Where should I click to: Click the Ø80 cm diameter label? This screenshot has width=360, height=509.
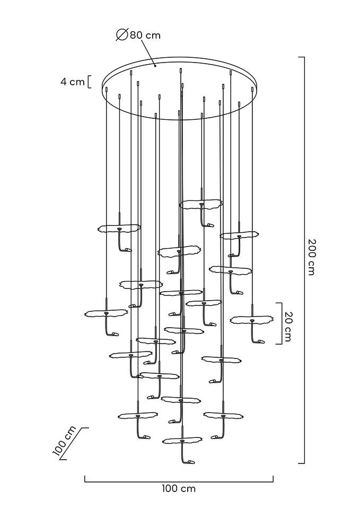(139, 36)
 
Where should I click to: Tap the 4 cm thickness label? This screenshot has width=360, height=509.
(72, 82)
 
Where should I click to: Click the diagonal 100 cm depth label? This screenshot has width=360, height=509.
(65, 441)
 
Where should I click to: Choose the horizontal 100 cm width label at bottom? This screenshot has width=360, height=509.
(179, 488)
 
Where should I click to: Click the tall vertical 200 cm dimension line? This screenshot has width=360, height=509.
(304, 260)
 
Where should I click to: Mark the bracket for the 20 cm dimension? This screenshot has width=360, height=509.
(279, 323)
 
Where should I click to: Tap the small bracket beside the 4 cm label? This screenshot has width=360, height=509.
(89, 82)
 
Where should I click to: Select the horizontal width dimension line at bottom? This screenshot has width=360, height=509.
(179, 481)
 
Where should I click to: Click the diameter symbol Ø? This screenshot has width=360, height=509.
(121, 36)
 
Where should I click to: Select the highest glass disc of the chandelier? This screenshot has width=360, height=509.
(201, 204)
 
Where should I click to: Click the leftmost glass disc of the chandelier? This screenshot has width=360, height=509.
(106, 313)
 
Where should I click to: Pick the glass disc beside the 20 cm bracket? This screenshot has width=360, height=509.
(251, 319)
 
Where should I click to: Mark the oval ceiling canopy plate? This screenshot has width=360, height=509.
(180, 88)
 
